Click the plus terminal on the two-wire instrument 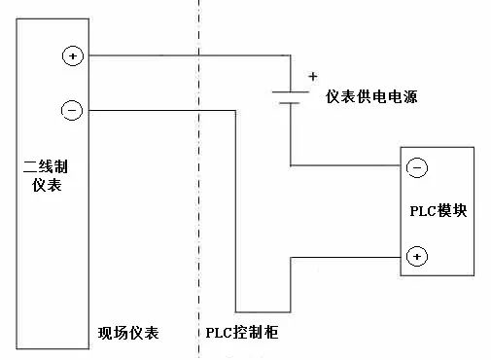pos(73,55)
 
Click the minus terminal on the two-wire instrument pos(73,110)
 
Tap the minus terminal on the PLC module pos(415,167)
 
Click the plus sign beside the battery pos(312,76)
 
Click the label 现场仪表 pos(128,334)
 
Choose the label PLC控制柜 pos(242,334)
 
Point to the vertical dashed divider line pos(198,195)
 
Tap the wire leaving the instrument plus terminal pos(175,55)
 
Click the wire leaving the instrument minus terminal pos(156,110)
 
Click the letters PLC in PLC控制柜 pos(219,334)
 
